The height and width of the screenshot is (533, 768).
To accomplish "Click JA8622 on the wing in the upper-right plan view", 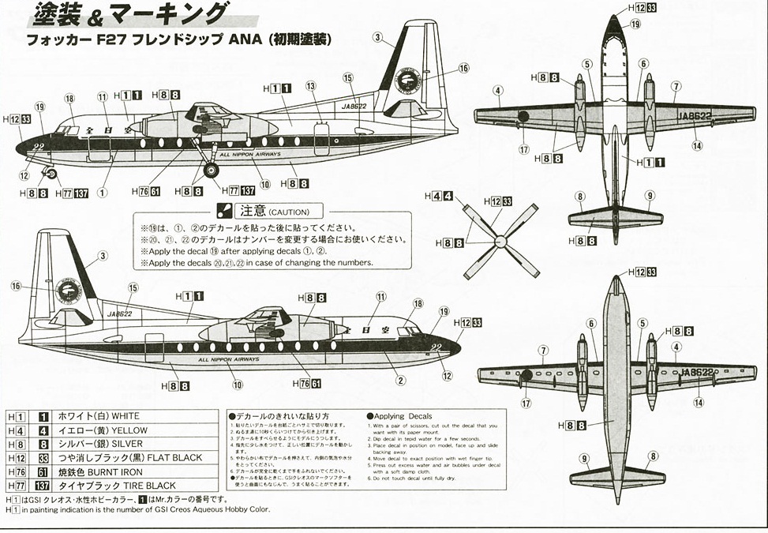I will (x=695, y=115).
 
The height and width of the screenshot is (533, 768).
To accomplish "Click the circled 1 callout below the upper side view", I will (x=102, y=192).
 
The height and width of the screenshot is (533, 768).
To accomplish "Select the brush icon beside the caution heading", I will (x=223, y=211).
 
